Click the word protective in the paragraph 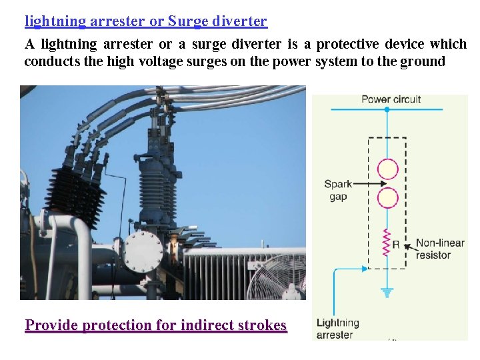(x=347, y=45)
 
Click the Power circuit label (x=391, y=99)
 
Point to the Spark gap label (x=338, y=190)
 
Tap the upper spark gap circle (x=387, y=169)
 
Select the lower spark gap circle (x=387, y=198)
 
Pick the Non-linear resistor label (x=439, y=249)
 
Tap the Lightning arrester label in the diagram (x=337, y=329)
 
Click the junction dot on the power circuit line (x=387, y=109)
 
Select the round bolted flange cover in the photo (x=143, y=251)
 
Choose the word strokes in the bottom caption (x=262, y=325)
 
